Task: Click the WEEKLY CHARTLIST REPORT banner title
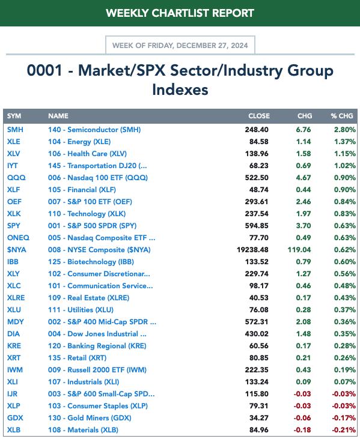(x=180, y=13)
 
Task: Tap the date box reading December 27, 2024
(x=180, y=45)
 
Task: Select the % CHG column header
(x=342, y=116)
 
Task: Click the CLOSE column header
(x=259, y=116)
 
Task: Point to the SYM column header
(x=14, y=116)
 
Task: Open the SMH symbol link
(x=15, y=130)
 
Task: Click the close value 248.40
(x=257, y=130)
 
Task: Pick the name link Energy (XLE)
(x=79, y=142)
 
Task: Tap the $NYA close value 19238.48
(x=252, y=250)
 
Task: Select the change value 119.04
(x=299, y=250)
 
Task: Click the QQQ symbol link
(x=16, y=178)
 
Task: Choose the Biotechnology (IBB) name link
(x=91, y=262)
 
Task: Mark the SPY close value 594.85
(x=257, y=226)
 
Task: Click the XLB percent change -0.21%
(x=344, y=430)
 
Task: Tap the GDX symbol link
(x=15, y=418)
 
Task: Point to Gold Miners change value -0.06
(x=302, y=418)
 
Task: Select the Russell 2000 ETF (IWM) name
(x=97, y=370)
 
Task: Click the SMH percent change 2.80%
(x=345, y=130)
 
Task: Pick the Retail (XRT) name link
(x=77, y=358)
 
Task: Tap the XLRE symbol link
(x=16, y=298)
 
